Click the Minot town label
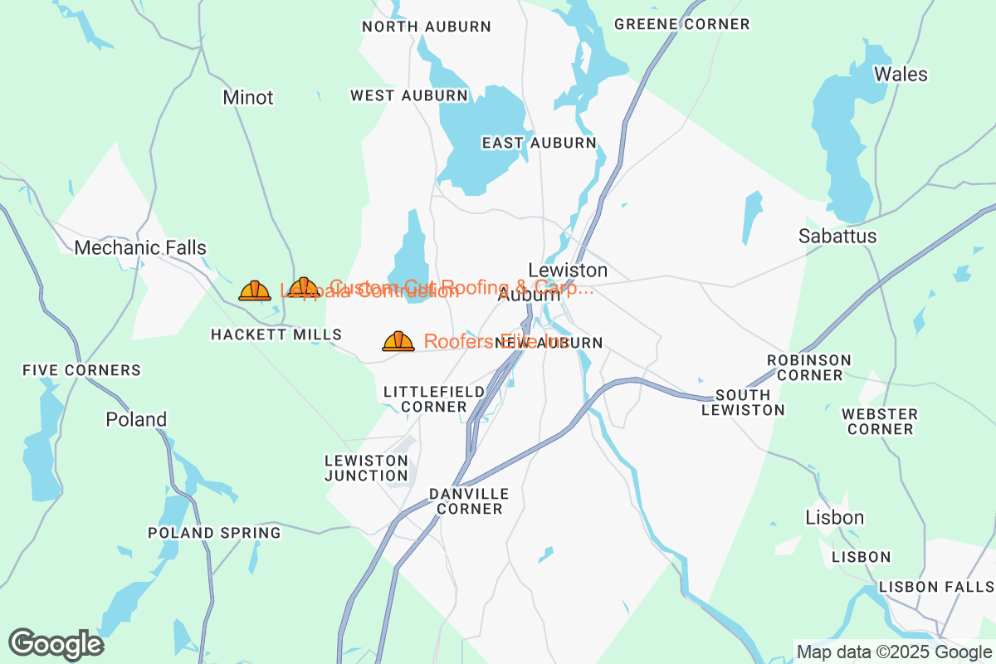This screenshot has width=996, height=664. [247, 98]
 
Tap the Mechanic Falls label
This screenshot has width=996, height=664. [140, 247]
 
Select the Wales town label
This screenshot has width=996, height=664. [901, 75]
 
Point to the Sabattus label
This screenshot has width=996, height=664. [837, 237]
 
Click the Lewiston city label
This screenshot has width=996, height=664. [568, 271]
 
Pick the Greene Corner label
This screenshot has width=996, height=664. [681, 25]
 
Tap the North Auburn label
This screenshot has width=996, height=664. [427, 27]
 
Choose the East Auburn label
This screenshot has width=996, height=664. [539, 143]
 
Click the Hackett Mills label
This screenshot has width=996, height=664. [276, 334]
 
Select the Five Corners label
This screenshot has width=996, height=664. [82, 370]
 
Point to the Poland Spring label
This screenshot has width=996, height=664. [214, 533]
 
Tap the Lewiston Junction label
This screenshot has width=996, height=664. [366, 468]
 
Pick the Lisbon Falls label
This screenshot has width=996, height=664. [935, 587]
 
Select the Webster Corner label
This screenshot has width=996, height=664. [880, 422]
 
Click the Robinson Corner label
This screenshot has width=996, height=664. [808, 368]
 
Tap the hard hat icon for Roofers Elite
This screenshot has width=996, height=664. [398, 341]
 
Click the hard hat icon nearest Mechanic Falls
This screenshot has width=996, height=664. [255, 290]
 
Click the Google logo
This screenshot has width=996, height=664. [56, 644]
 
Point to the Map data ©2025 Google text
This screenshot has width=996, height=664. [892, 652]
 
